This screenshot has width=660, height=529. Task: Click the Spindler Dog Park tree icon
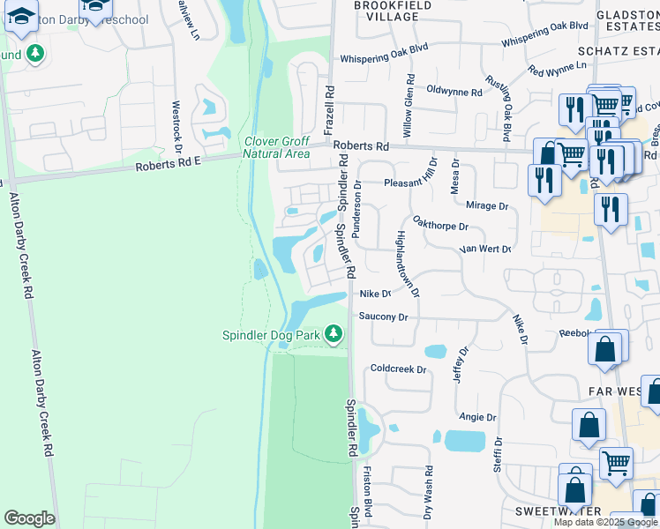point(334,334)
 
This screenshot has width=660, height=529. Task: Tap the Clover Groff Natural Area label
point(276,147)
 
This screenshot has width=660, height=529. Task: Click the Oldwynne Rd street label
point(454,92)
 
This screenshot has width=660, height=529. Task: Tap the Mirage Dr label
point(486,206)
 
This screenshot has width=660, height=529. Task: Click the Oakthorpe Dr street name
point(440,226)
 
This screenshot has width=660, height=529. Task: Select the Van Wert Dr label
point(485,250)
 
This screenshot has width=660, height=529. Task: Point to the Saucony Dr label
point(384,317)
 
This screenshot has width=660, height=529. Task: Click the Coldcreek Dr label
point(398,369)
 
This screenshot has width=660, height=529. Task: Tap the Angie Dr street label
point(477,417)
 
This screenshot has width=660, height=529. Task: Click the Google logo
point(29,518)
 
